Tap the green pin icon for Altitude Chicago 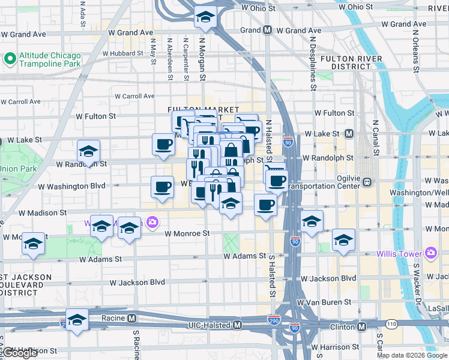point(10,59)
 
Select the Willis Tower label point(399,253)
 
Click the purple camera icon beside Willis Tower point(430,253)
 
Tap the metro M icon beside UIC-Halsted point(238,325)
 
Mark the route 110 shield point(391,324)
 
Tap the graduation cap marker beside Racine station point(77,320)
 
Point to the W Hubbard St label point(122,53)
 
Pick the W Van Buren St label point(326,302)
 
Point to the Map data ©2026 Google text point(411,355)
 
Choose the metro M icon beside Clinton point(361,327)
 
